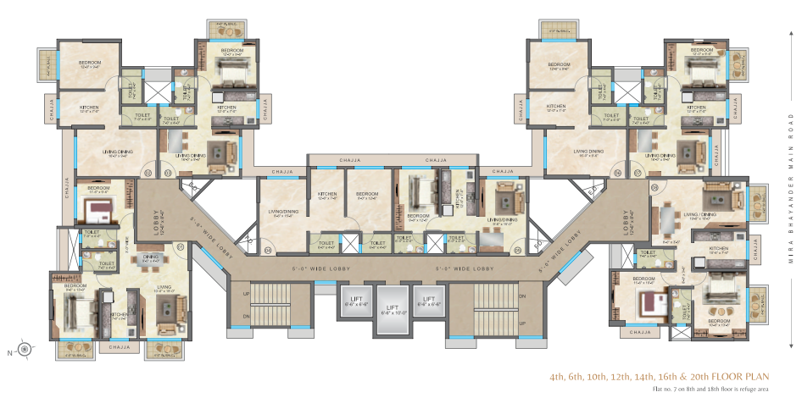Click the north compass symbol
pos(25,347)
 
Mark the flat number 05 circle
pos(514,250)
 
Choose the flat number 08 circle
pos(654,185)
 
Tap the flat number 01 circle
pos(181,247)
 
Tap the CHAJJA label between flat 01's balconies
pos(120,345)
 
